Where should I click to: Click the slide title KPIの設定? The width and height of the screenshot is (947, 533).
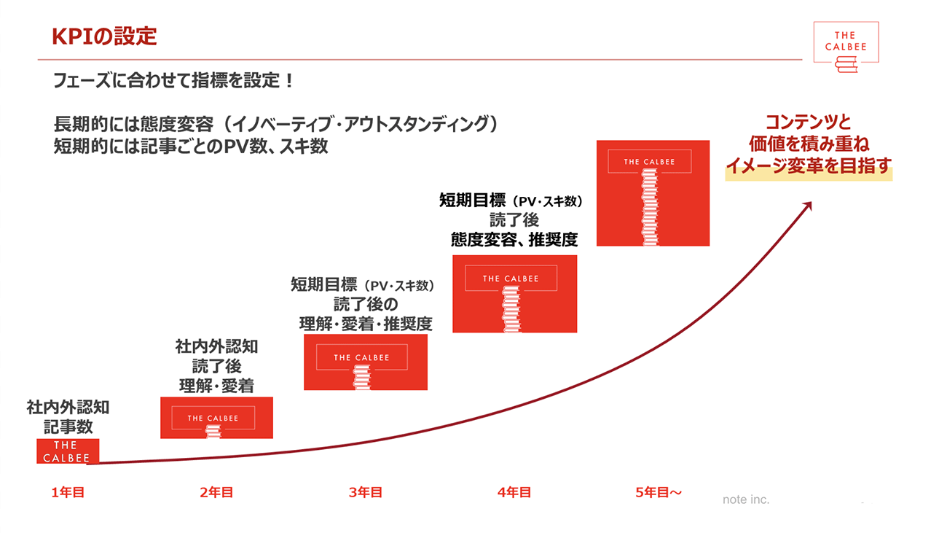pyautogui.click(x=104, y=36)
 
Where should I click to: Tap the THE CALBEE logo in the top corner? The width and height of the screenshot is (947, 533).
pyautogui.click(x=845, y=46)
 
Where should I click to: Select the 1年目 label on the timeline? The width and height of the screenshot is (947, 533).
pyautogui.click(x=68, y=493)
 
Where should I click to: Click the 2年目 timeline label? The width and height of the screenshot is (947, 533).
pyautogui.click(x=216, y=493)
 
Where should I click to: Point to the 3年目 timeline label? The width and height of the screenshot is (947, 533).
pyautogui.click(x=366, y=493)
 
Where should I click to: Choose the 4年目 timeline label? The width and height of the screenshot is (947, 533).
pyautogui.click(x=514, y=493)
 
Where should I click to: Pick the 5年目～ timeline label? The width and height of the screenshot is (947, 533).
pyautogui.click(x=659, y=493)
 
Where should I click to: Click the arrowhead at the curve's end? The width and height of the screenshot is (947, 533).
pyautogui.click(x=806, y=206)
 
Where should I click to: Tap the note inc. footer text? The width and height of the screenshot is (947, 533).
pyautogui.click(x=746, y=499)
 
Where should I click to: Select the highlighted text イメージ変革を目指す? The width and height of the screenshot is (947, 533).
pyautogui.click(x=809, y=166)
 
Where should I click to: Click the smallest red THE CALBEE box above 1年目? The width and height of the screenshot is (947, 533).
pyautogui.click(x=68, y=451)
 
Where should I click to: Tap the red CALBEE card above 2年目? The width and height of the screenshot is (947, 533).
pyautogui.click(x=216, y=418)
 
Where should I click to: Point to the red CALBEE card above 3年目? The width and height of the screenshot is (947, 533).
pyautogui.click(x=365, y=362)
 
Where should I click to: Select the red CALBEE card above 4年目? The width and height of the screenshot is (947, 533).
pyautogui.click(x=514, y=293)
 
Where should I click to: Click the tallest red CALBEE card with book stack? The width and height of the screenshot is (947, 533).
pyautogui.click(x=653, y=192)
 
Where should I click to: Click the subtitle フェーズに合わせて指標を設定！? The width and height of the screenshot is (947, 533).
pyautogui.click(x=173, y=80)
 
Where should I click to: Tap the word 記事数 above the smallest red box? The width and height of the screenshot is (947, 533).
pyautogui.click(x=68, y=427)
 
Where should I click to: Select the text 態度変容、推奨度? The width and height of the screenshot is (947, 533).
pyautogui.click(x=514, y=238)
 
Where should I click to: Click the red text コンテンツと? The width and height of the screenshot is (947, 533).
pyautogui.click(x=809, y=122)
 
